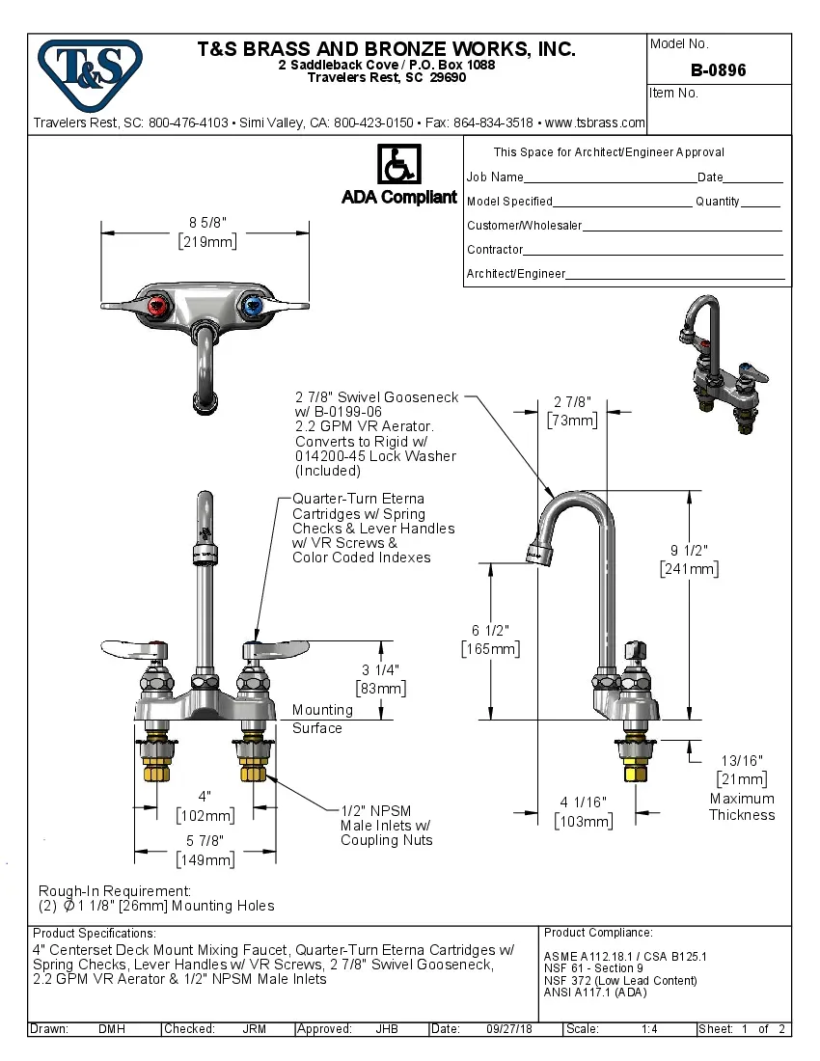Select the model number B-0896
tap(718, 70)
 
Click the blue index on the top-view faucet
tap(254, 307)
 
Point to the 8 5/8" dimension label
tap(207, 232)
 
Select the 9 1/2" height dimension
tap(689, 559)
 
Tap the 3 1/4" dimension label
tap(380, 678)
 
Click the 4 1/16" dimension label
tap(583, 811)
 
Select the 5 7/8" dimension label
tap(205, 850)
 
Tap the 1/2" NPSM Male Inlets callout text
tap(385, 825)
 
